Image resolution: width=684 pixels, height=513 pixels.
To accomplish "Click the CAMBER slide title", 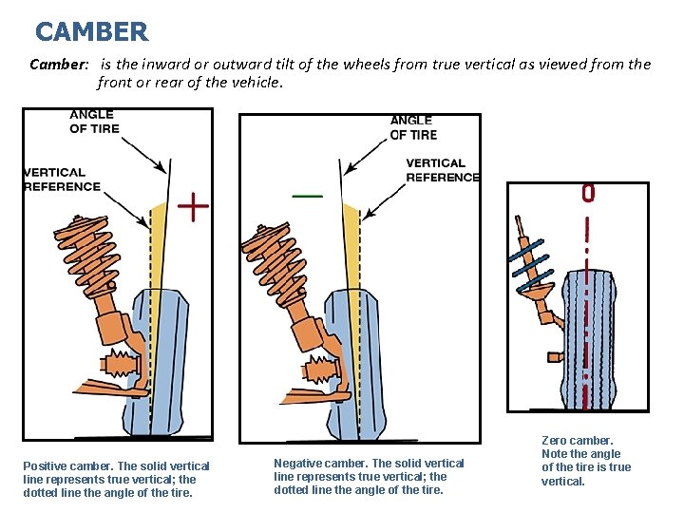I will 91,32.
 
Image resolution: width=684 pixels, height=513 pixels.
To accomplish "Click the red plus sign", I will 194,206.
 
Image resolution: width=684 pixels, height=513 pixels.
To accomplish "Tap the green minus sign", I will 307,195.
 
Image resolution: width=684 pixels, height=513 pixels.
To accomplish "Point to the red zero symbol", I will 588,195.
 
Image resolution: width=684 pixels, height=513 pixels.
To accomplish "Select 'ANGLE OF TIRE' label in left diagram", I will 95,123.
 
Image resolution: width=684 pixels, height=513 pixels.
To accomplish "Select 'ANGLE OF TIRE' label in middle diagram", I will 413,127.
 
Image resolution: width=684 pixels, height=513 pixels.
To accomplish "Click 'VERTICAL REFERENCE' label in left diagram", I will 62,180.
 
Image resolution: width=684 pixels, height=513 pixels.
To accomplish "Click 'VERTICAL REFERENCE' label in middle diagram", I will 442,170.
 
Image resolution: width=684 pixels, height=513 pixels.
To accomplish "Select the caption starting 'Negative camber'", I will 369,476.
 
